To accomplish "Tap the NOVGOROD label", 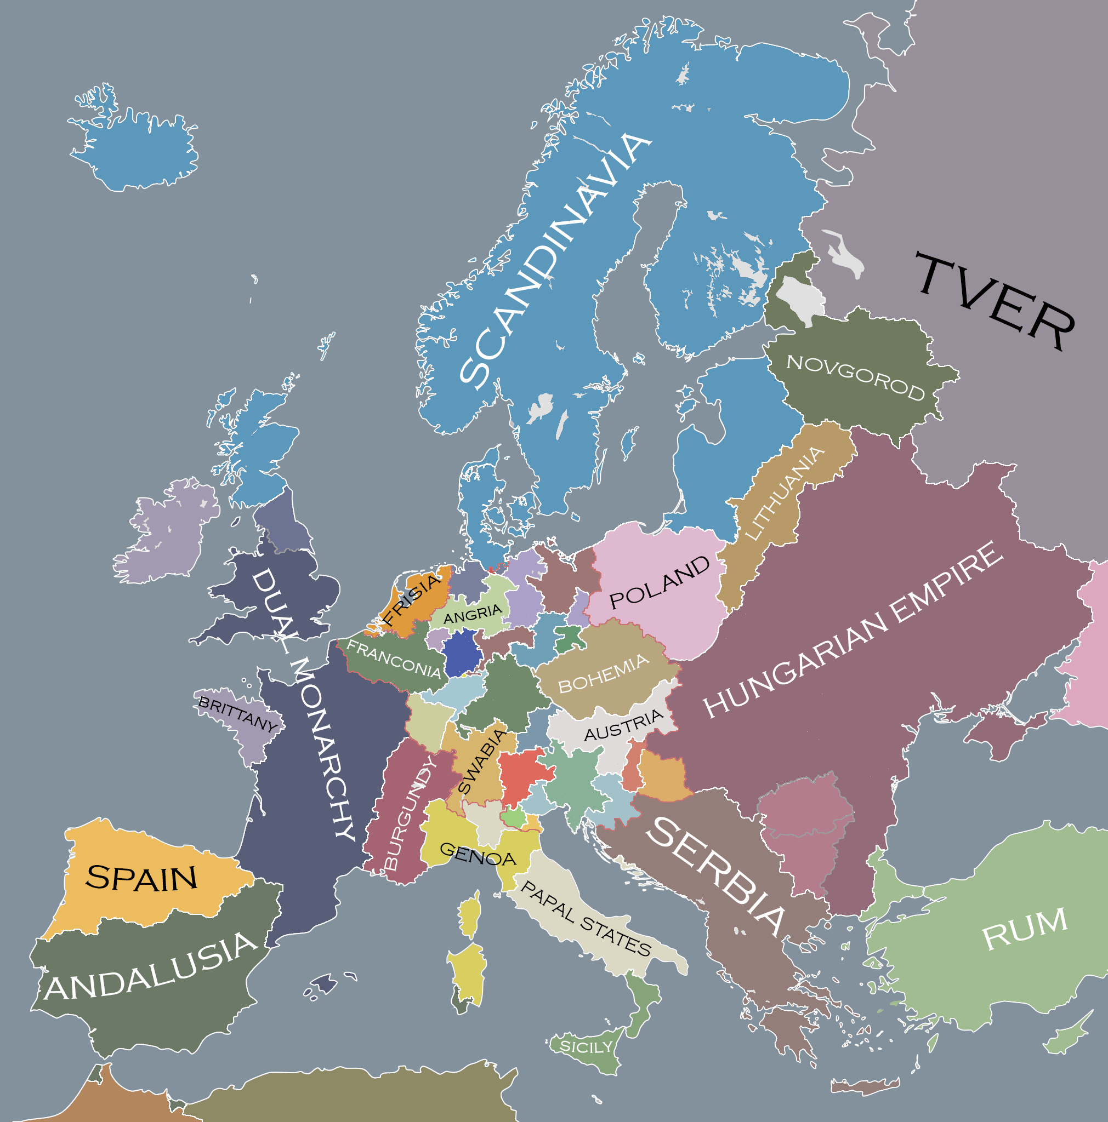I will pyautogui.click(x=855, y=377).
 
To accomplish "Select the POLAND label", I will pyautogui.click(x=660, y=582).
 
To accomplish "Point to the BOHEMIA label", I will pyautogui.click(x=603, y=673).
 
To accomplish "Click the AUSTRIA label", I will pyautogui.click(x=623, y=724).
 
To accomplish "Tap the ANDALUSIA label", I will pyautogui.click(x=150, y=967).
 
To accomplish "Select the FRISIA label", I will pyautogui.click(x=411, y=599).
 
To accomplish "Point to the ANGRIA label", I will pyautogui.click(x=473, y=614).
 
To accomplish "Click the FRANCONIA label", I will pyautogui.click(x=394, y=659).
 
